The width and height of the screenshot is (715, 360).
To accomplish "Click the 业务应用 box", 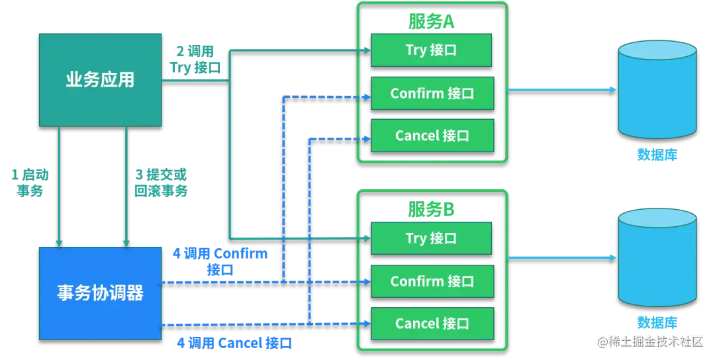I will [x=100, y=80].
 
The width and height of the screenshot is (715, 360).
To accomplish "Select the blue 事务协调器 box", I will [x=100, y=292].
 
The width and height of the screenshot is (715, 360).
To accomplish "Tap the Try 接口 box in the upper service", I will [x=431, y=50].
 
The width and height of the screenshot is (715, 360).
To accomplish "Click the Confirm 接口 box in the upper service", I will [x=432, y=93].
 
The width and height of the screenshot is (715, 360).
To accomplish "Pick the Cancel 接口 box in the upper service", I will [x=432, y=136].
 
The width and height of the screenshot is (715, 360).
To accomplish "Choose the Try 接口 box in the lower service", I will [x=431, y=238].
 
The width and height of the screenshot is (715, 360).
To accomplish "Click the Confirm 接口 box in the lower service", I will [x=432, y=281].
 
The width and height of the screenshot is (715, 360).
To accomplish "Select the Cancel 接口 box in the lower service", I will [x=432, y=324].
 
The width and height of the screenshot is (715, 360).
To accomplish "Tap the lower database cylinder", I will [x=657, y=259].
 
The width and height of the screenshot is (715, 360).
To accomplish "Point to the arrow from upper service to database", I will [x=562, y=88].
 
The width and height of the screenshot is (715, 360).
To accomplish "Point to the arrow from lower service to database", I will [x=562, y=257].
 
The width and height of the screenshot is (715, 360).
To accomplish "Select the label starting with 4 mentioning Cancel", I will [x=232, y=343].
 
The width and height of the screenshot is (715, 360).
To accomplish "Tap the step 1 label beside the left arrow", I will [x=32, y=183].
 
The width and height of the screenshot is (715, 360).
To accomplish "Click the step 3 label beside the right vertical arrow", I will [x=161, y=183].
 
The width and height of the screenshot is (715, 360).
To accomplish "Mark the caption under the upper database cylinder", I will [x=657, y=155].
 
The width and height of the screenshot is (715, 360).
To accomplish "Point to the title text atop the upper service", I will [x=432, y=22].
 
